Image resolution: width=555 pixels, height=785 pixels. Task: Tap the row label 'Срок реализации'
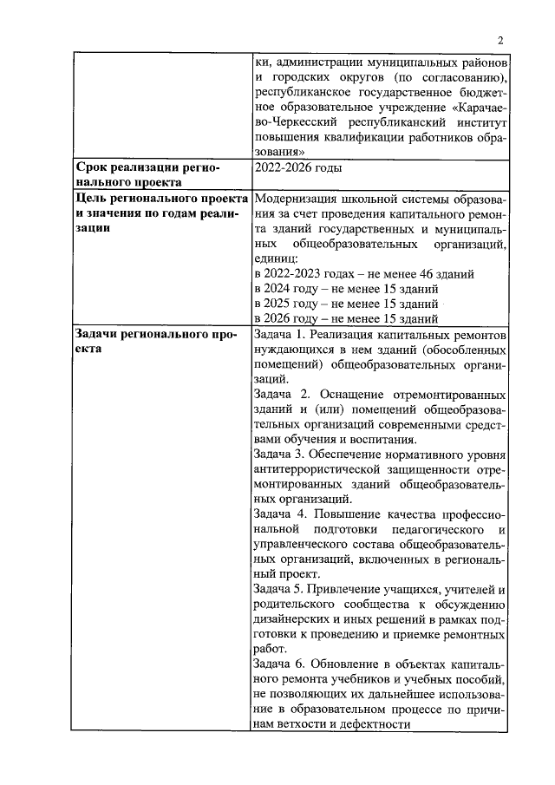point(136,167)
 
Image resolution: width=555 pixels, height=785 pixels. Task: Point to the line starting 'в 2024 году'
point(345,288)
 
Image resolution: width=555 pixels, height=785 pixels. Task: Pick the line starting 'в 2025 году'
point(345,304)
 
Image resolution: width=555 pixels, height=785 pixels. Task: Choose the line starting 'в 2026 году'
point(345,318)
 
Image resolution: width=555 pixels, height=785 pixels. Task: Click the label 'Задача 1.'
point(281,334)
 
